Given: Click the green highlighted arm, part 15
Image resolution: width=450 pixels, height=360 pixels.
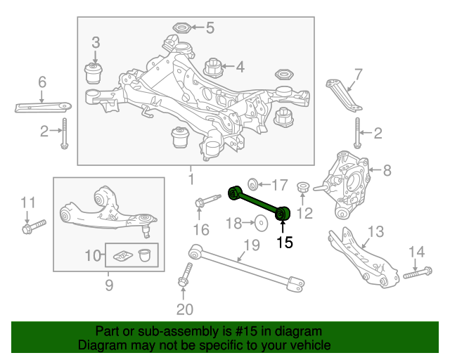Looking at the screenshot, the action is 259,203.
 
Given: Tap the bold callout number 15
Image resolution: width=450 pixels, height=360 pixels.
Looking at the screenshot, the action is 285,243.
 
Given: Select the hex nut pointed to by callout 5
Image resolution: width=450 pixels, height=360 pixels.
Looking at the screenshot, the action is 181,28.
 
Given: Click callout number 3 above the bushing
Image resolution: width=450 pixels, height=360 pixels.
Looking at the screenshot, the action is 96,42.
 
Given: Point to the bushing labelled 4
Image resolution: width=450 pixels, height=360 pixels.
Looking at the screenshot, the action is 214,67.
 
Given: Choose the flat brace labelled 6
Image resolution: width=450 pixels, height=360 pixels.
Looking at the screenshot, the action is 43,107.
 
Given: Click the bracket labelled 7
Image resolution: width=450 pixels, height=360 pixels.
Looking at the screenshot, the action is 344,96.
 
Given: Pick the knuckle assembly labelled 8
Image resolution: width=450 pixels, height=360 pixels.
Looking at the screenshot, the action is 345,185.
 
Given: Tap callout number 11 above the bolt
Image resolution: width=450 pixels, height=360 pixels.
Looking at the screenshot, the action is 28,202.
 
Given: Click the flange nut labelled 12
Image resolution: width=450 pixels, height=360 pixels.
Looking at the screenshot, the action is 302,187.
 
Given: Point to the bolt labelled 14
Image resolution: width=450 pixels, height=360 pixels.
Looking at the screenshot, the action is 418,273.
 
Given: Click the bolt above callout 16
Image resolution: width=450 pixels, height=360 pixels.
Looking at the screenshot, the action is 208,200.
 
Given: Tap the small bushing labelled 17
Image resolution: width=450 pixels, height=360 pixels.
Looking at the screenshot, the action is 253,184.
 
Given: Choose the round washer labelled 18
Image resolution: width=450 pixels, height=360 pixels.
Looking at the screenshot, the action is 261,223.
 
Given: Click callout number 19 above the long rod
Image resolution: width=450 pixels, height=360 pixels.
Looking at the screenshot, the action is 252,245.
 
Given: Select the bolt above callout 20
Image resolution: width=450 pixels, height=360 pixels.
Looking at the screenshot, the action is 186,275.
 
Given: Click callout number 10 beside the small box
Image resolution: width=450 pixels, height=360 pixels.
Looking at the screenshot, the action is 93,255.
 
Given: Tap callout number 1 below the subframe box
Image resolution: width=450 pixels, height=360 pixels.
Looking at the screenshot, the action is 191,179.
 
